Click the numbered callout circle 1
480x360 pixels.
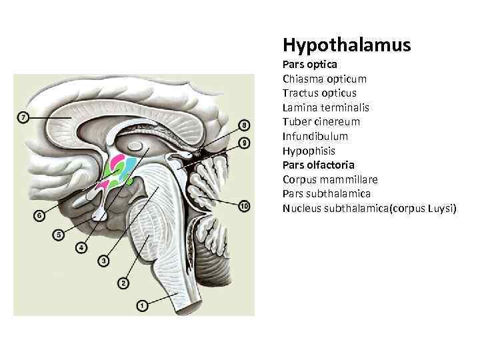[x=142, y=305]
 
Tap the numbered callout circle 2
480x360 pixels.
[x=123, y=283]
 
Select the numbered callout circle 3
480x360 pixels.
[x=103, y=261]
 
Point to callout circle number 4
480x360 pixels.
[x=81, y=247]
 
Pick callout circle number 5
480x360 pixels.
[x=59, y=235]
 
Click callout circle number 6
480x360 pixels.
[x=40, y=215]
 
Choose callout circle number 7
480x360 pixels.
[x=23, y=118]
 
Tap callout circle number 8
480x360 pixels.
[x=244, y=125]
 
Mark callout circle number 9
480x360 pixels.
[x=244, y=143]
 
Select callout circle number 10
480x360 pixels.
[x=244, y=207]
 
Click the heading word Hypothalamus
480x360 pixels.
[x=347, y=45]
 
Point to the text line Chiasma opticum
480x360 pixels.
[x=324, y=79]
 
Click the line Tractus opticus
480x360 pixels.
[x=319, y=93]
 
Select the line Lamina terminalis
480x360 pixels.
[x=325, y=107]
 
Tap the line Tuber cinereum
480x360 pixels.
[x=321, y=121]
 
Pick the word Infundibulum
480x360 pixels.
[x=315, y=136]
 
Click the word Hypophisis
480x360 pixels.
[x=309, y=151]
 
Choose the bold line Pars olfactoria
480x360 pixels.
[x=318, y=165]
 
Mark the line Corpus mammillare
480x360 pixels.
[x=330, y=179]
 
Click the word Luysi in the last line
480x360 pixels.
[x=439, y=208]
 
